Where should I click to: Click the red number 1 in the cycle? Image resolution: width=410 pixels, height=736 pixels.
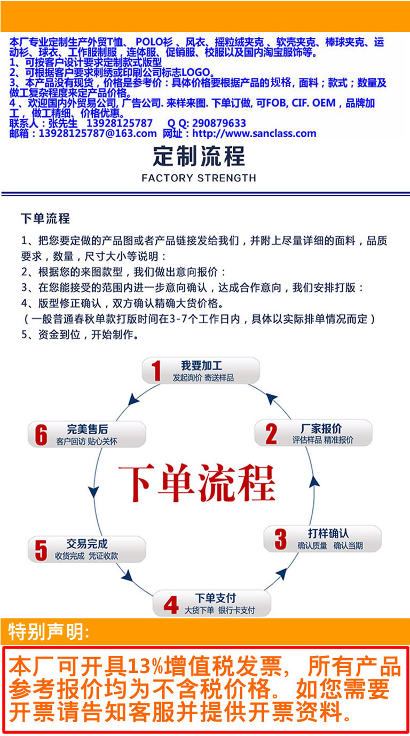[x=156, y=371]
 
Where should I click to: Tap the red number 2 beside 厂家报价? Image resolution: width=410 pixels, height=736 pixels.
[x=271, y=434]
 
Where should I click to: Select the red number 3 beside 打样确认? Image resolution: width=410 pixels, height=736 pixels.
[x=280, y=539]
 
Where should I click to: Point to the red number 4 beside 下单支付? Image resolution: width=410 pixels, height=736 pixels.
[x=171, y=605]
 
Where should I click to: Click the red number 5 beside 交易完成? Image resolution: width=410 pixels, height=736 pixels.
[x=41, y=550]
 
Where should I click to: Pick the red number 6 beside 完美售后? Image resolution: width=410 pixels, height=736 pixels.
[x=41, y=434]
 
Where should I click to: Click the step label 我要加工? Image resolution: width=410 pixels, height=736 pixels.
[x=202, y=366]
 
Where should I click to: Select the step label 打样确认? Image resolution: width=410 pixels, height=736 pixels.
[x=328, y=533]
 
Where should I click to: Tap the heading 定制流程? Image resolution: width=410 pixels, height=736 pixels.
[x=199, y=156]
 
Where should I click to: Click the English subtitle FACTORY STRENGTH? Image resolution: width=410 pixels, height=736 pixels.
[x=199, y=178]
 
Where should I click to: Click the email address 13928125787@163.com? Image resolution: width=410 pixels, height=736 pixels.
[x=98, y=134]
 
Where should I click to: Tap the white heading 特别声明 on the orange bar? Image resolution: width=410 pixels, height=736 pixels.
[x=49, y=632]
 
